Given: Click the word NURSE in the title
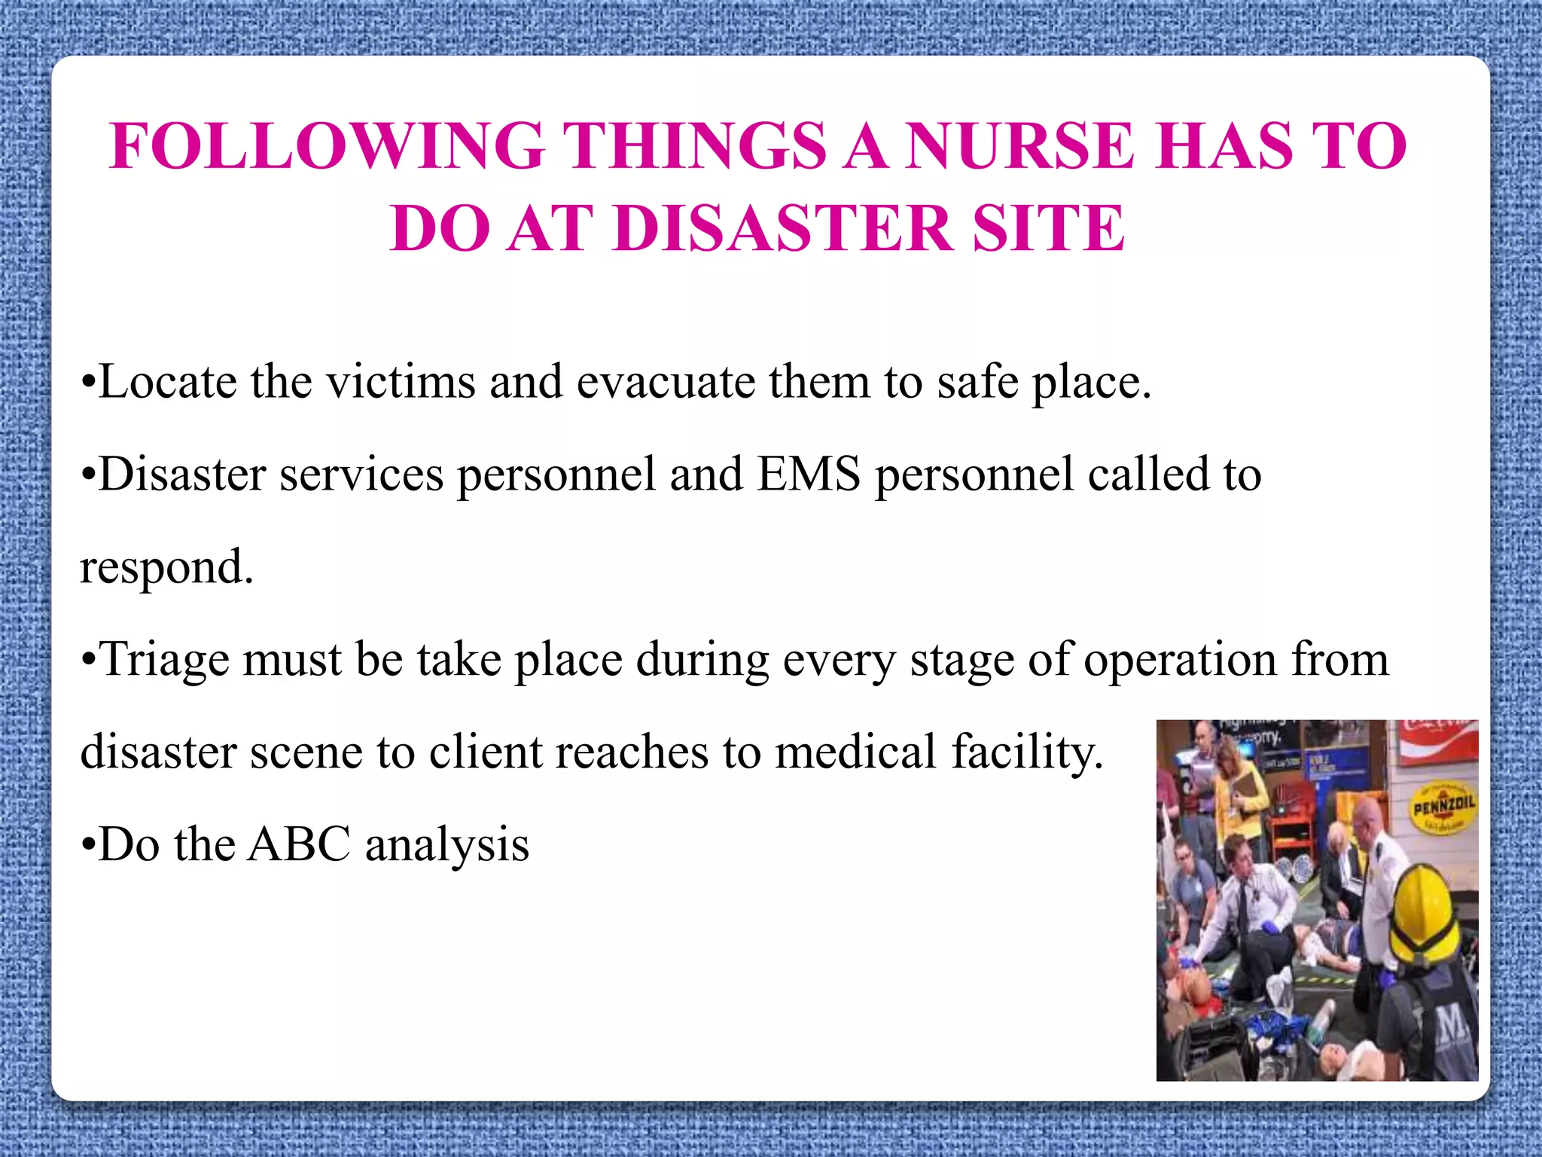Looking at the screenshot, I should point(1019,146).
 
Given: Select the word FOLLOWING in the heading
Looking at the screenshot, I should point(328,146).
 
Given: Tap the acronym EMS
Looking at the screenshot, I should point(809,475).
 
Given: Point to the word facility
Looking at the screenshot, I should point(1027,753).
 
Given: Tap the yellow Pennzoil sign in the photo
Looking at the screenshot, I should point(1443,808).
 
